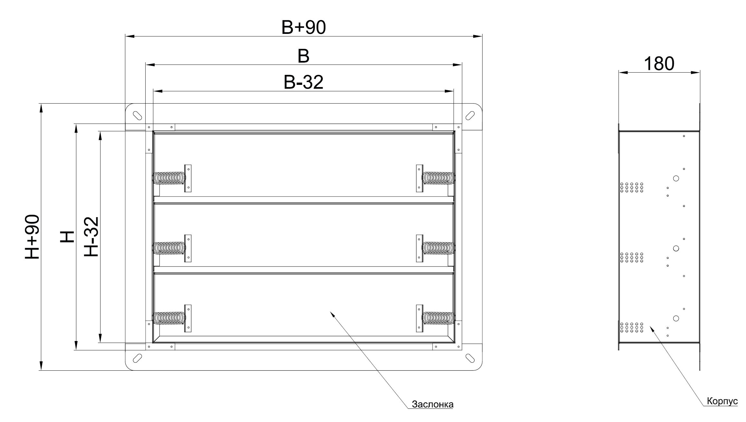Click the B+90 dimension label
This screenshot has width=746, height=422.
(x=303, y=28)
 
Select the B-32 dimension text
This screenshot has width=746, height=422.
(x=303, y=83)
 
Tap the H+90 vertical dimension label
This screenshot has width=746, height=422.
(x=33, y=237)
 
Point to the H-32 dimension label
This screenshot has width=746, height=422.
(x=91, y=237)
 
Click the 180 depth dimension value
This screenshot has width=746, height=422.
(x=659, y=64)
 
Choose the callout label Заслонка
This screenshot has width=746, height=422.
(x=433, y=405)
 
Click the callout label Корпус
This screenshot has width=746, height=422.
(x=722, y=401)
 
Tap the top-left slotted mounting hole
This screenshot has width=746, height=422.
(x=138, y=115)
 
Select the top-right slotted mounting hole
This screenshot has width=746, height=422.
(x=470, y=115)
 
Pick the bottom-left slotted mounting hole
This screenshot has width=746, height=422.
(x=138, y=358)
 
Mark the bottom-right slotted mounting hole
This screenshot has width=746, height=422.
(x=470, y=358)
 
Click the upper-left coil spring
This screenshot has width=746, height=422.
(x=169, y=178)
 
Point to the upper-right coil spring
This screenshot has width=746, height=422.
(x=439, y=178)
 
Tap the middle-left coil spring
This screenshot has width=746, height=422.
(x=169, y=248)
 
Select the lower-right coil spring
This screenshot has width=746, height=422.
(x=439, y=318)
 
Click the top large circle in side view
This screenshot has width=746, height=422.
(x=676, y=178)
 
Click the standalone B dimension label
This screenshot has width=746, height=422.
(x=303, y=56)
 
